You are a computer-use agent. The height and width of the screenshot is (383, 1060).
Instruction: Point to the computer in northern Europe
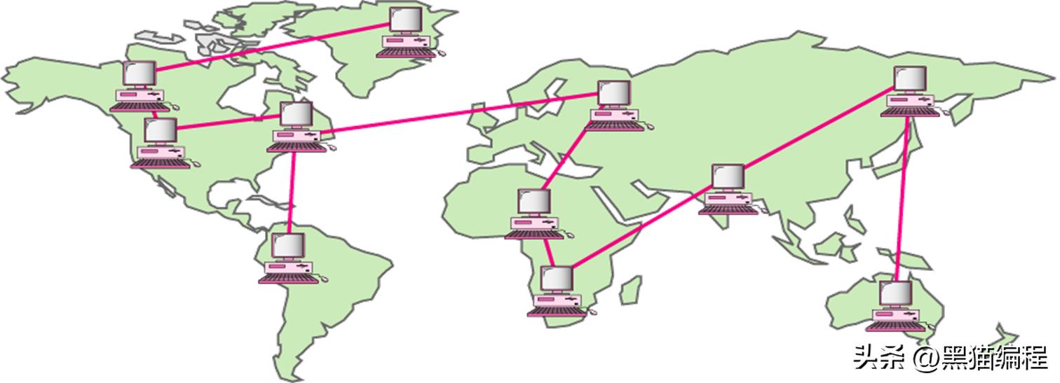[x=614, y=105]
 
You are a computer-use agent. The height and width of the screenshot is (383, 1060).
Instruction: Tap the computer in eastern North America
[x=297, y=126]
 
